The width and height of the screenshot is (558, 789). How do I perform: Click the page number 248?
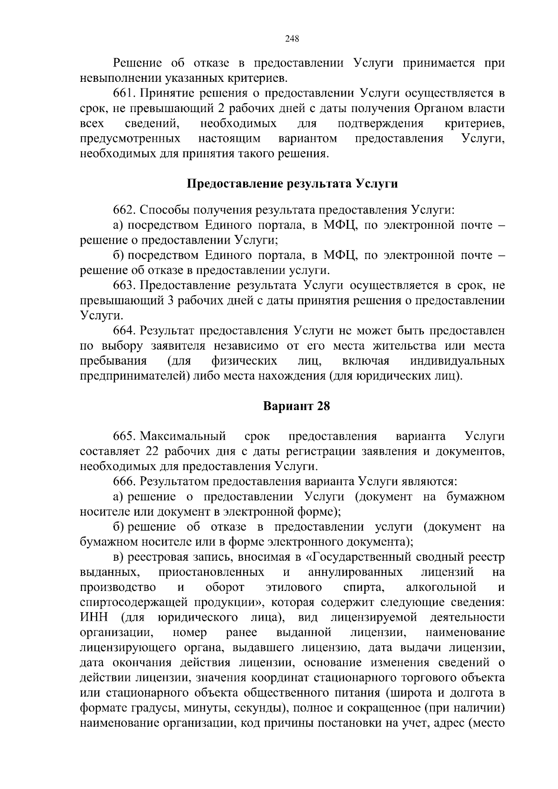click(292, 39)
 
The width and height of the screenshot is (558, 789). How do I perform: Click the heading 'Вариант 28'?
click(296, 406)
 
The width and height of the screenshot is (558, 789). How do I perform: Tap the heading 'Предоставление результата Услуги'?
click(292, 184)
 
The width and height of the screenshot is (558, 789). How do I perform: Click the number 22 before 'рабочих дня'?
click(153, 451)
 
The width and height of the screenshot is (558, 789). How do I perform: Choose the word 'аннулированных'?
click(355, 572)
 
